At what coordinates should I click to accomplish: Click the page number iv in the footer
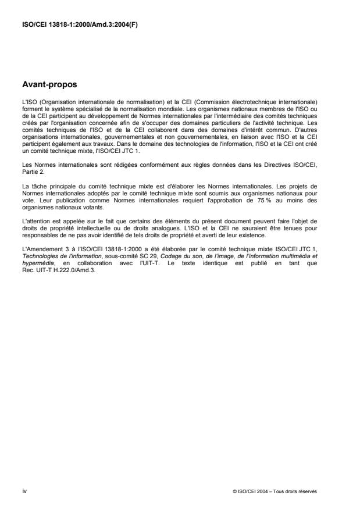pos(23,491)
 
